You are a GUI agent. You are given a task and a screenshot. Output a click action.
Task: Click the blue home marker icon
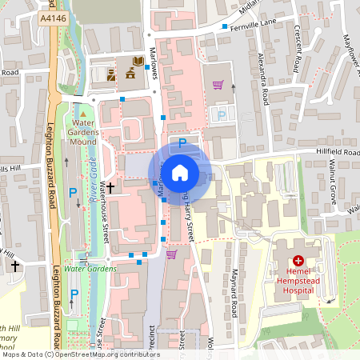(180, 171)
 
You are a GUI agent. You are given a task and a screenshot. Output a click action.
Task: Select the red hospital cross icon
(298, 260)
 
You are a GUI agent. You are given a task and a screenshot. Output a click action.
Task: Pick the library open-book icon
(138, 61)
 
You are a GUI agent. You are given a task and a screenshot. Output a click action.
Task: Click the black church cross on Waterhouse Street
(110, 187)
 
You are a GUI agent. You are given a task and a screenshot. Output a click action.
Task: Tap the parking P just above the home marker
(182, 142)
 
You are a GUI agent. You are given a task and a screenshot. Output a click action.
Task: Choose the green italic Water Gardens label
(90, 269)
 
